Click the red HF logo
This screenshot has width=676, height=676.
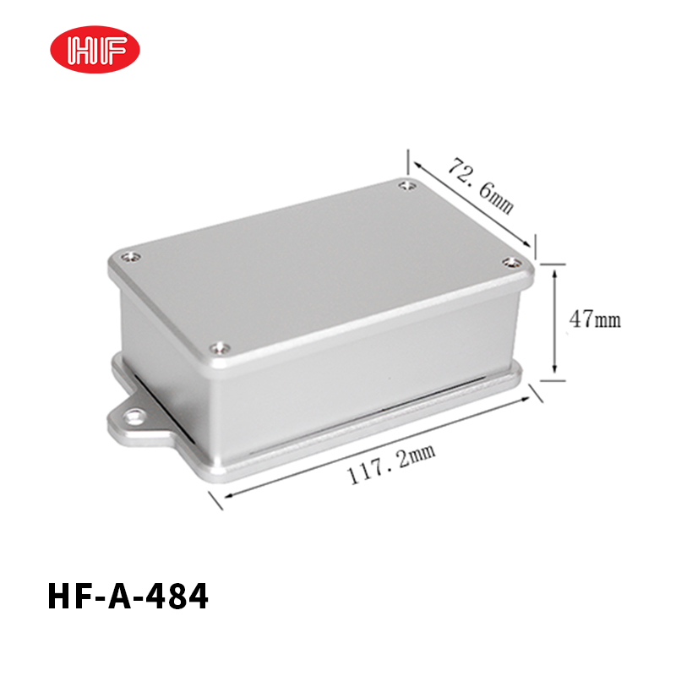(95, 49)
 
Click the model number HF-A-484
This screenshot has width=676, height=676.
(128, 597)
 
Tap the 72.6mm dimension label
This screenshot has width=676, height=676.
(481, 185)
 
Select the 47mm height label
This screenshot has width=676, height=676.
(595, 319)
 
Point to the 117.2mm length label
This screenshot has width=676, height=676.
(391, 464)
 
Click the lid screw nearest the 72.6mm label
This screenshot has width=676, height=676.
(407, 186)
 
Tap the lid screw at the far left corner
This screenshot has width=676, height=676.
(131, 258)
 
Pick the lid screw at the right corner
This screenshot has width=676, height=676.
(512, 262)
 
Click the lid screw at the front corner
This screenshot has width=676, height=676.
(220, 347)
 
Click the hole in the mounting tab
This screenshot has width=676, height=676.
(134, 417)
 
